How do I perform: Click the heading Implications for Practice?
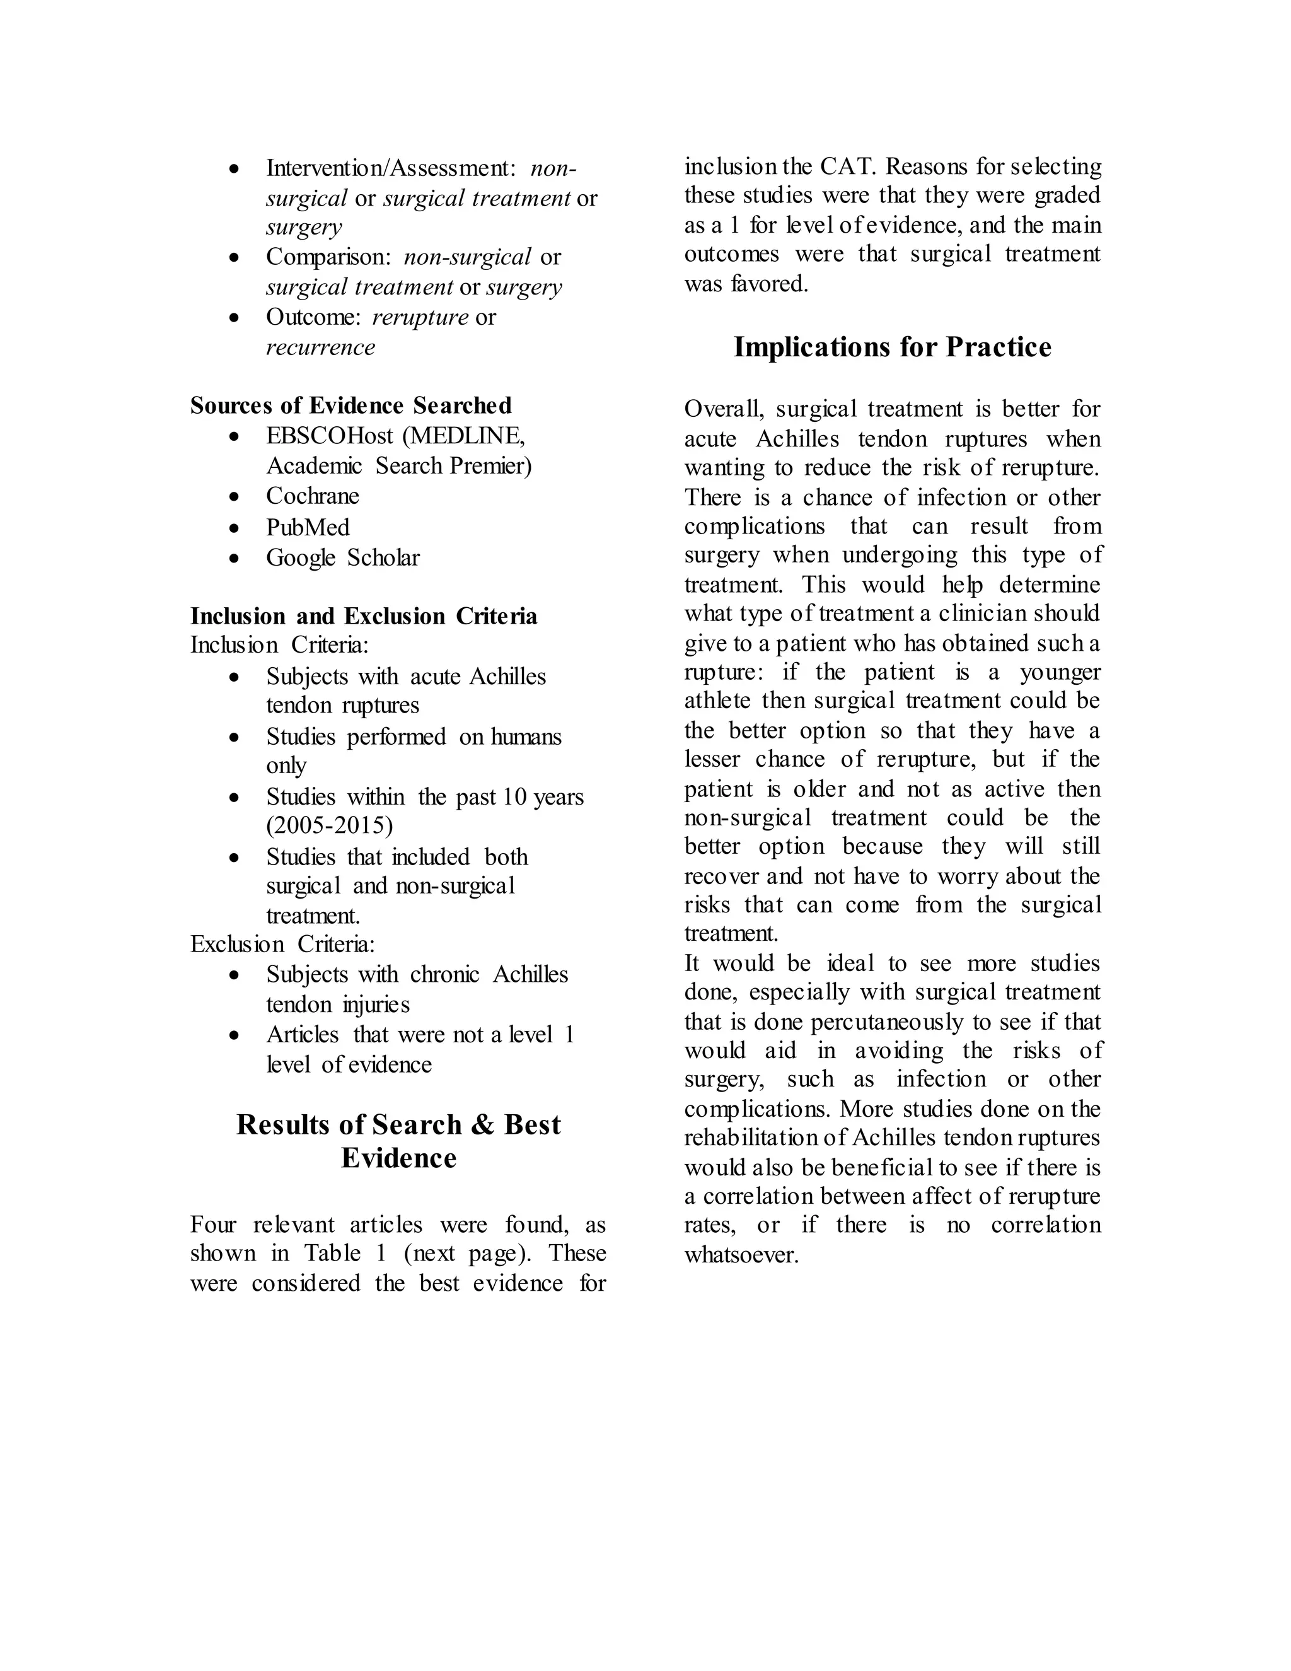(x=892, y=347)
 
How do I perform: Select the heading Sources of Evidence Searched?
(x=350, y=405)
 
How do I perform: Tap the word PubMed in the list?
(x=308, y=527)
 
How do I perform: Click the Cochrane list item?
(x=312, y=496)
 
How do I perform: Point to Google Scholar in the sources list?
(x=343, y=558)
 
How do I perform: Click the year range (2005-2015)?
(x=330, y=825)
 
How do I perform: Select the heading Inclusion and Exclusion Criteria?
(x=363, y=616)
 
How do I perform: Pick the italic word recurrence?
(x=320, y=347)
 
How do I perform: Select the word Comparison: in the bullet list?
(x=328, y=257)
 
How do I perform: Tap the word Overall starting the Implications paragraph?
(x=724, y=409)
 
